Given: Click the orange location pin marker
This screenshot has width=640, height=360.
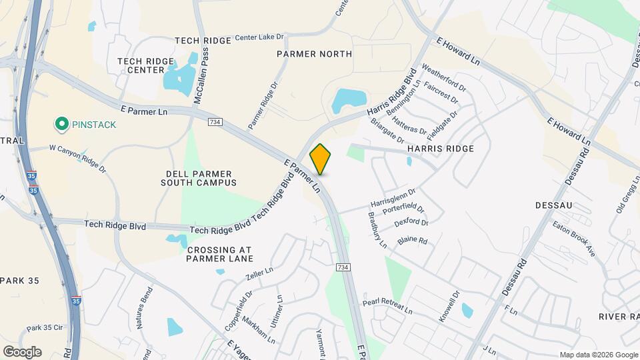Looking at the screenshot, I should coord(321,159).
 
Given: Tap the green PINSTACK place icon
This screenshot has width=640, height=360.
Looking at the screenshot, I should coord(62,124).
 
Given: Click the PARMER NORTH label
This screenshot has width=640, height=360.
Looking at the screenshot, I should coord(314,54).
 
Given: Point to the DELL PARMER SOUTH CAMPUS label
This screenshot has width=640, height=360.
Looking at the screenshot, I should coord(201,177).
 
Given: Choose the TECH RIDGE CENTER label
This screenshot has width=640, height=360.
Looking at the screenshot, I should coord(141,65).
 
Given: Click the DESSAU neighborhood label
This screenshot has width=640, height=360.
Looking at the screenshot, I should coord(554,206).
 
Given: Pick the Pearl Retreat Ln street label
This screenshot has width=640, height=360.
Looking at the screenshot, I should coord(388,307).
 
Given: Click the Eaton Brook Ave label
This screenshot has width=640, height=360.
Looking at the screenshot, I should coord(573,238).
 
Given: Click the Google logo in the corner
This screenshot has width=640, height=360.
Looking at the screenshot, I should coord(22,352).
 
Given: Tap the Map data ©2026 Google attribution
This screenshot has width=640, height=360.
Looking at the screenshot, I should coord(599,355).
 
